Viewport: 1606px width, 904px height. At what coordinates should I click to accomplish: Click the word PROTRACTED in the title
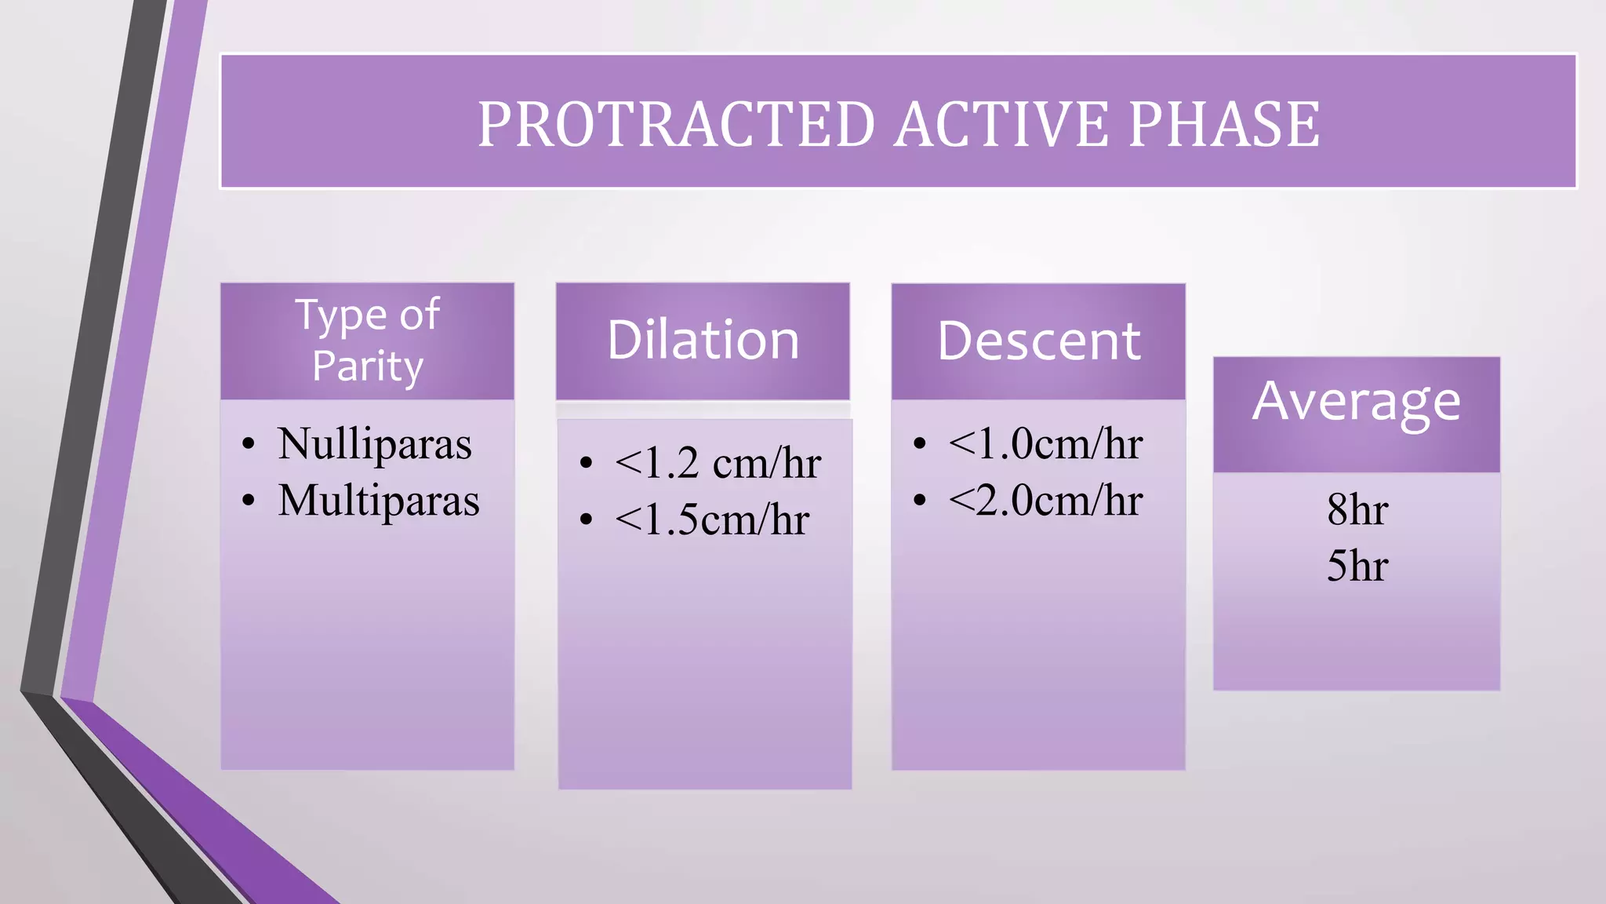click(676, 124)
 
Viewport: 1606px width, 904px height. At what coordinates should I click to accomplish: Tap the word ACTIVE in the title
click(1001, 124)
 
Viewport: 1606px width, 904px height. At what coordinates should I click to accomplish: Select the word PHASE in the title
click(1224, 124)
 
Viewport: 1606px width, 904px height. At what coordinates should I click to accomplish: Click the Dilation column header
click(703, 341)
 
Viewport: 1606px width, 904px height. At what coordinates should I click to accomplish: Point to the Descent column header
click(1038, 341)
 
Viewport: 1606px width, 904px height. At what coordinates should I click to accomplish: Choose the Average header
click(1356, 402)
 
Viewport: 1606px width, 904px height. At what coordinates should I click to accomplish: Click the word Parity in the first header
click(368, 366)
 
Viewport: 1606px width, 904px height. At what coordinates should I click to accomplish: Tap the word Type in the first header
click(340, 315)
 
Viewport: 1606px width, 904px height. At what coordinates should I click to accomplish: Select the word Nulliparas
click(374, 443)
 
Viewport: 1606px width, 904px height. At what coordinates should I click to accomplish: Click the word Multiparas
click(378, 501)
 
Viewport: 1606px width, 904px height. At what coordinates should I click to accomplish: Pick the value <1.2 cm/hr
click(718, 463)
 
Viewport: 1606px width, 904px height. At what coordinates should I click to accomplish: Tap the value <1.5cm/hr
click(711, 519)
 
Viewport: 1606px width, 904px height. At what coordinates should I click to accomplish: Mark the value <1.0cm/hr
click(1045, 443)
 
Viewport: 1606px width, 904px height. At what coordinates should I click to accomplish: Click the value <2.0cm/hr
click(1045, 500)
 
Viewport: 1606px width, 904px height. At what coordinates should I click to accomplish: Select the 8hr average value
click(1357, 509)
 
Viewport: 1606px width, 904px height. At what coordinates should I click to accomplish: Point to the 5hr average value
click(1357, 566)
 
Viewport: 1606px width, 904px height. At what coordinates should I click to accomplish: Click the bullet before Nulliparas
click(249, 444)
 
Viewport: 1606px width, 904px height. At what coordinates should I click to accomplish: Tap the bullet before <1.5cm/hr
click(586, 519)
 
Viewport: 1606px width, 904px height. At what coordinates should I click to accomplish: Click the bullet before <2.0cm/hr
click(920, 500)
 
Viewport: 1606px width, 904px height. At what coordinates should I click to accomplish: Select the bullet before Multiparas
click(249, 501)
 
